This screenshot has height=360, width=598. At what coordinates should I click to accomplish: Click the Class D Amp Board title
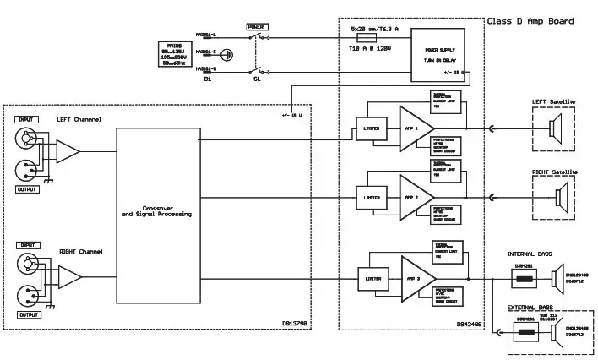(530, 21)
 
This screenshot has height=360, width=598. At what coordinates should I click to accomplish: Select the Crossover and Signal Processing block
(156, 210)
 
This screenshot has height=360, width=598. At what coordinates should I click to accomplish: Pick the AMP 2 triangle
(415, 197)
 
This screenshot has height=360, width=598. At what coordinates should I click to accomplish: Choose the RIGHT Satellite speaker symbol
(557, 199)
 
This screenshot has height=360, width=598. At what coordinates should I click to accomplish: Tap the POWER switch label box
(256, 27)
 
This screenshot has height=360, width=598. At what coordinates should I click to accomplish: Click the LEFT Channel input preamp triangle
(68, 152)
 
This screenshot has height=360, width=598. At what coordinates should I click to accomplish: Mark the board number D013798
(295, 322)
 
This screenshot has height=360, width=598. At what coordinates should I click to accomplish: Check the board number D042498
(469, 322)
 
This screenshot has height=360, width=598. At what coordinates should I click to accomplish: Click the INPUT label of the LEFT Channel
(25, 119)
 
